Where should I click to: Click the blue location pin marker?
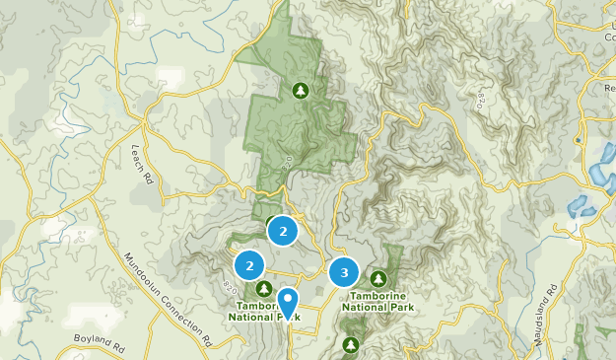click(x=288, y=302)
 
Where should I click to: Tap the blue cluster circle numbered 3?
click(x=344, y=272)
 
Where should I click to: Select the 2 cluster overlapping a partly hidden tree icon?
click(x=283, y=232)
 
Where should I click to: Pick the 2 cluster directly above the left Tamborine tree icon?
click(x=250, y=265)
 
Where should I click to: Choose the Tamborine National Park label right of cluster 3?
click(x=378, y=301)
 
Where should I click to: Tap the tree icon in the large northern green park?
click(x=301, y=92)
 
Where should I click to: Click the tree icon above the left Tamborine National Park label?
click(x=264, y=288)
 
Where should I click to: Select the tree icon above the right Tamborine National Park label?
click(x=377, y=279)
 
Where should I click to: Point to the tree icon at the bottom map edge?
click(x=351, y=345)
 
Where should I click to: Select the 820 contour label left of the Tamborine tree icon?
click(x=229, y=286)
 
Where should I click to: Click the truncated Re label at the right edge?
click(x=608, y=88)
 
